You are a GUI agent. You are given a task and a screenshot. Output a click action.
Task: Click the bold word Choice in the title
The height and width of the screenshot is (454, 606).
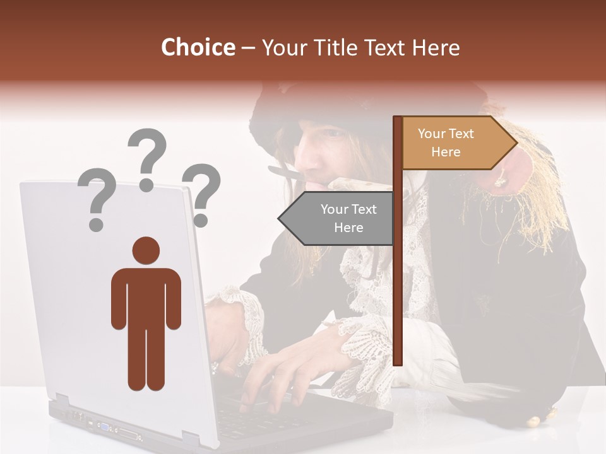click(x=198, y=47)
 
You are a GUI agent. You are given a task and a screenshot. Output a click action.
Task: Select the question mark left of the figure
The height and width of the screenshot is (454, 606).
click(x=96, y=197)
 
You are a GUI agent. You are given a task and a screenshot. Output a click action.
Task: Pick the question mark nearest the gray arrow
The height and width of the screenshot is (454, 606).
click(x=201, y=193)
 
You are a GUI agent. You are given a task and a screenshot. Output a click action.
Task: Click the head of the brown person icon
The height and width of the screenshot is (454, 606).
click(x=146, y=250)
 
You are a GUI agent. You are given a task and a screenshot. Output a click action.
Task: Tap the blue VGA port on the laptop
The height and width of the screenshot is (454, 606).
click(x=103, y=427)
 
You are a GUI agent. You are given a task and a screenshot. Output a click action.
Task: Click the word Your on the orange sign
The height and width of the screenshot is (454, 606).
click(x=432, y=134)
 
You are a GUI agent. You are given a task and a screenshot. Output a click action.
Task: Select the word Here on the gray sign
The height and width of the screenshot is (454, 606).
click(x=348, y=228)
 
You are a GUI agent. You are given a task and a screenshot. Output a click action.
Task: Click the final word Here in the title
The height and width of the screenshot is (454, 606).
click(x=436, y=47)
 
